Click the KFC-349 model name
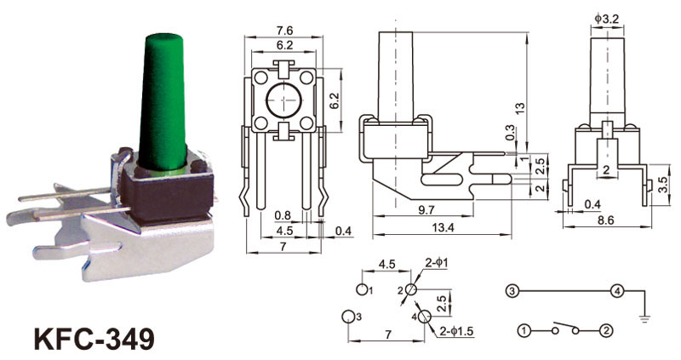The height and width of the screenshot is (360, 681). pyautogui.click(x=94, y=339)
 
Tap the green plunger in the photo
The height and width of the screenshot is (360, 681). pyautogui.click(x=163, y=102)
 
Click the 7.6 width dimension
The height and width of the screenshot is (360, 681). pyautogui.click(x=284, y=31)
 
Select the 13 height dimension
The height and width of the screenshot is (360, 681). pyautogui.click(x=521, y=107)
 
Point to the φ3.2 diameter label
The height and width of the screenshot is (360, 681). pyautogui.click(x=607, y=19)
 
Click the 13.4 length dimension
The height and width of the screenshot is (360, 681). pyautogui.click(x=443, y=227)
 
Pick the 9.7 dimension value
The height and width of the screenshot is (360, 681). pyautogui.click(x=426, y=209)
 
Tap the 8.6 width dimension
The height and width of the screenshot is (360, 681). pyautogui.click(x=606, y=220)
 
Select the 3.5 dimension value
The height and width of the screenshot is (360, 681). pyautogui.click(x=663, y=185)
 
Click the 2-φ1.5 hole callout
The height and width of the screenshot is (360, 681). pyautogui.click(x=456, y=331)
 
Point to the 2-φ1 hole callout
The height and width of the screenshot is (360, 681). pyautogui.click(x=437, y=263)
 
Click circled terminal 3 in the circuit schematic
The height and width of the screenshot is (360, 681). pyautogui.click(x=512, y=291)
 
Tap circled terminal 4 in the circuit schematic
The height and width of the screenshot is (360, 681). pyautogui.click(x=617, y=291)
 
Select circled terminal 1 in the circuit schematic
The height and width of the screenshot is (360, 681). pyautogui.click(x=524, y=331)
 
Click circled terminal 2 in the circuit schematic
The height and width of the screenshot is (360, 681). pyautogui.click(x=606, y=331)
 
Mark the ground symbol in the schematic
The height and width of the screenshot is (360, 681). pyautogui.click(x=645, y=319)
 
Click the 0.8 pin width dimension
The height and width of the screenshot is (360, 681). pyautogui.click(x=283, y=215)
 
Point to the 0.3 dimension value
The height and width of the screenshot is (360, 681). pyautogui.click(x=510, y=133)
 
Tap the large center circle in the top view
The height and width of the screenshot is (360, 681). pyautogui.click(x=284, y=100)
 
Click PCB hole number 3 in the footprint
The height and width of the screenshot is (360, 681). pyautogui.click(x=348, y=317)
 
